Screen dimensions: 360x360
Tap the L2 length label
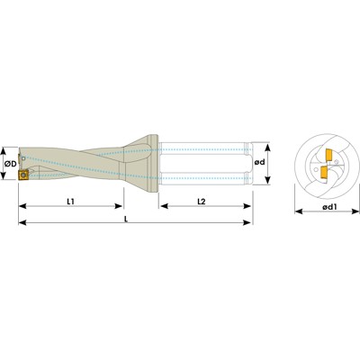click(x=204, y=204)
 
